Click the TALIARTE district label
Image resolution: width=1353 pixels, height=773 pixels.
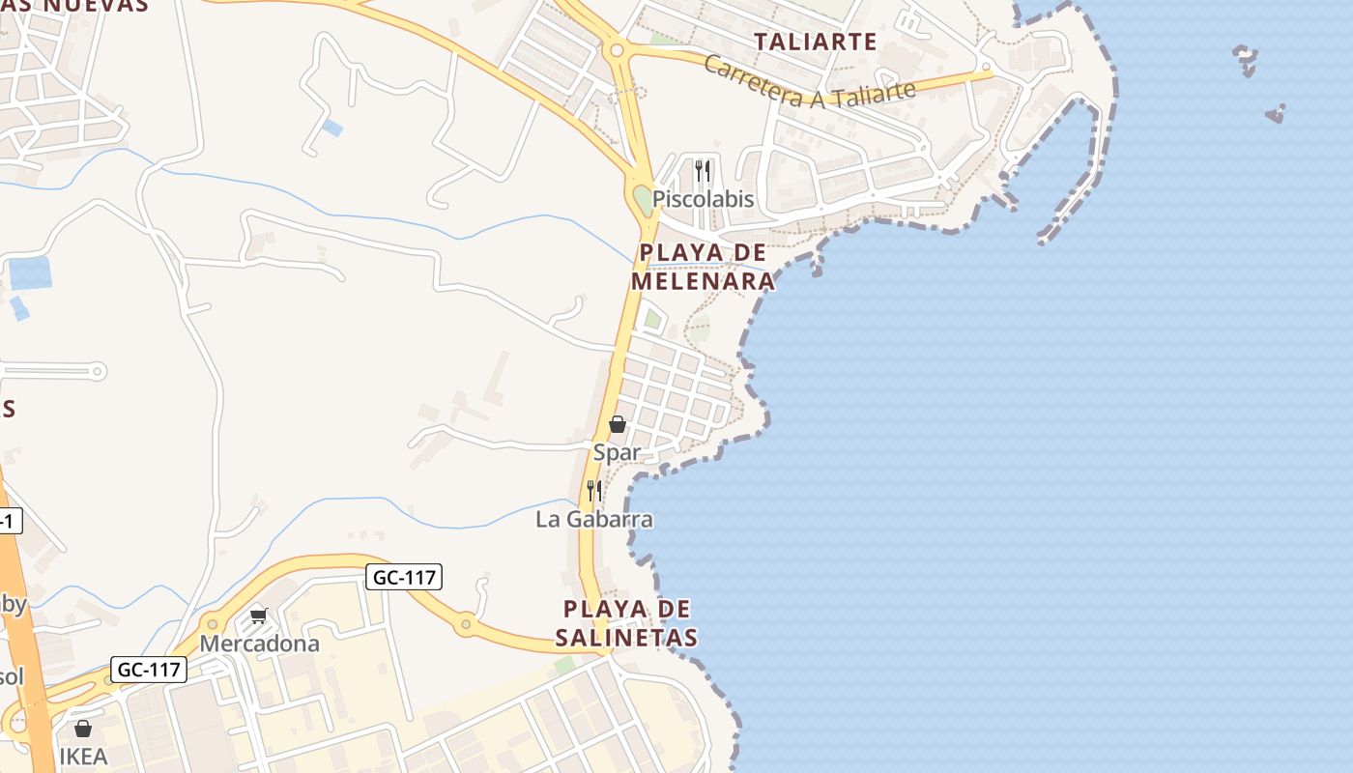point(815,42)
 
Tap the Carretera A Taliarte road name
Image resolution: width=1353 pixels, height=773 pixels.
point(810,82)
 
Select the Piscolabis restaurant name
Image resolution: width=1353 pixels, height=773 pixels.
point(703,200)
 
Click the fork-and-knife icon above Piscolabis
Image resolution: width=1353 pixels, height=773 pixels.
point(703,171)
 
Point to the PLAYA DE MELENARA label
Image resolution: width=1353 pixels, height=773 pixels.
point(703,267)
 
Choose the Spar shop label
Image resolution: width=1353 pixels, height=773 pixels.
point(617,451)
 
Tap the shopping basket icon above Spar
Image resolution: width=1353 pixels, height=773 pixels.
point(618,424)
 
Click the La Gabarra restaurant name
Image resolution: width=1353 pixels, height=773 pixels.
point(594,520)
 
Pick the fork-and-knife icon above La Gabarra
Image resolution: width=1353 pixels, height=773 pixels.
point(594,491)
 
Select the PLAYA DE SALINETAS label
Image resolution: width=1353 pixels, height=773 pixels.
point(626,623)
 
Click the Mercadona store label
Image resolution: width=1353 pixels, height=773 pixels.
point(259,644)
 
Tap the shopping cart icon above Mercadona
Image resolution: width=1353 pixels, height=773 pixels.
point(258,615)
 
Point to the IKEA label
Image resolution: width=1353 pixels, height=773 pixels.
point(83,757)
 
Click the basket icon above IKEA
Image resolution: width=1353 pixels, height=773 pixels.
point(83,729)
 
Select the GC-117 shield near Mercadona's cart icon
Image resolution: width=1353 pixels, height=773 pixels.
point(404,578)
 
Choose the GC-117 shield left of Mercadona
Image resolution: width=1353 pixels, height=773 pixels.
point(149,670)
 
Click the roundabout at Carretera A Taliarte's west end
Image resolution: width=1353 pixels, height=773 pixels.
point(616,49)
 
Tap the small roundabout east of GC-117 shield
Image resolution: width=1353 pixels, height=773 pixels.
point(466,624)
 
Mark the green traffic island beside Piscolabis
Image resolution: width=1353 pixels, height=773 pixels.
point(643,201)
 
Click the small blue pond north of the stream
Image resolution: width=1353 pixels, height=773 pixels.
point(331,128)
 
